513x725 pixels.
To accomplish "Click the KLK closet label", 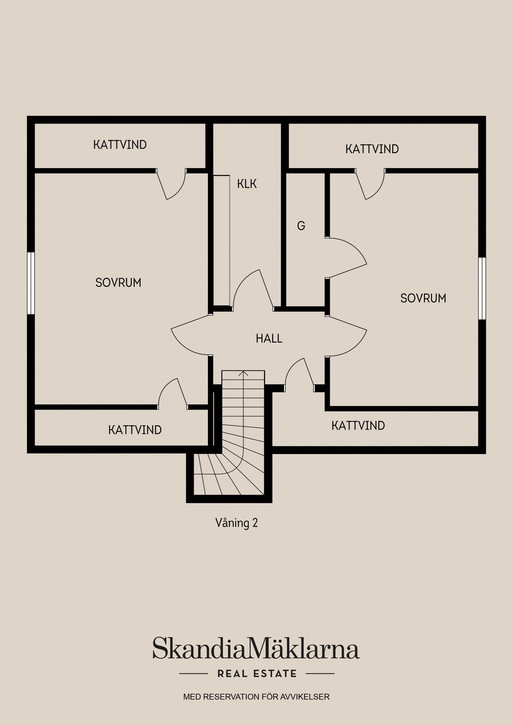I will pos(247,184).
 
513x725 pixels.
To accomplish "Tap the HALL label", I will pos(269,338).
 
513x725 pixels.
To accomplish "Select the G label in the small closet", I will pos(301,226).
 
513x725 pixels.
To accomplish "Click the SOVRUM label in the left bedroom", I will pos(118,283).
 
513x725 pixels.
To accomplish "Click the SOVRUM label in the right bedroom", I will pos(423,298).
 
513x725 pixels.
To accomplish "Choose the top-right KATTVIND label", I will pos(372,149).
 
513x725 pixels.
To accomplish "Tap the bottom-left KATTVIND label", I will pos(135,430).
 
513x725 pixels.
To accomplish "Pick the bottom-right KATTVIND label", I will pos(358,426).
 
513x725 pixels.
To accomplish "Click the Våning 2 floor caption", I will pos(236,523).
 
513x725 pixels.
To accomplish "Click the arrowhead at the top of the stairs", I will pos(243,373).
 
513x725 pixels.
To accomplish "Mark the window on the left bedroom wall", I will pos(30,283).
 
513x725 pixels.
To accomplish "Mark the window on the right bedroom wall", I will pos(482,289).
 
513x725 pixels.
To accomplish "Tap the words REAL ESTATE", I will pos(257,673).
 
